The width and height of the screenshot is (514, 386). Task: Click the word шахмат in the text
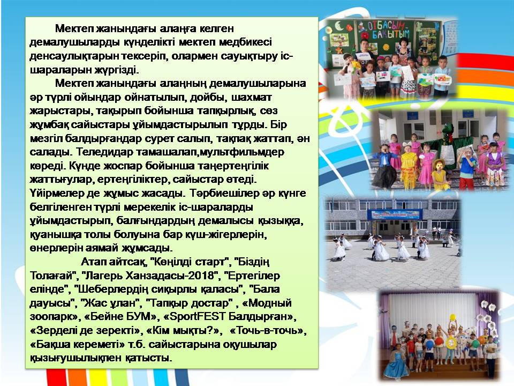point(252,98)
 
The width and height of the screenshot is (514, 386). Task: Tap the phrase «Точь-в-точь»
point(268,331)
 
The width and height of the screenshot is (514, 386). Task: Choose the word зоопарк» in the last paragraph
point(55,317)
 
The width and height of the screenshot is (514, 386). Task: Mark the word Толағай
point(53,276)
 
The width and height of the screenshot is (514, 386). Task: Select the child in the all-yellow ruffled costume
point(407,166)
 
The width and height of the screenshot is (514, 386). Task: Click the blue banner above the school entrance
point(395,214)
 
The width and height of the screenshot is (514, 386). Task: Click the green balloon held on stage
point(475,344)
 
